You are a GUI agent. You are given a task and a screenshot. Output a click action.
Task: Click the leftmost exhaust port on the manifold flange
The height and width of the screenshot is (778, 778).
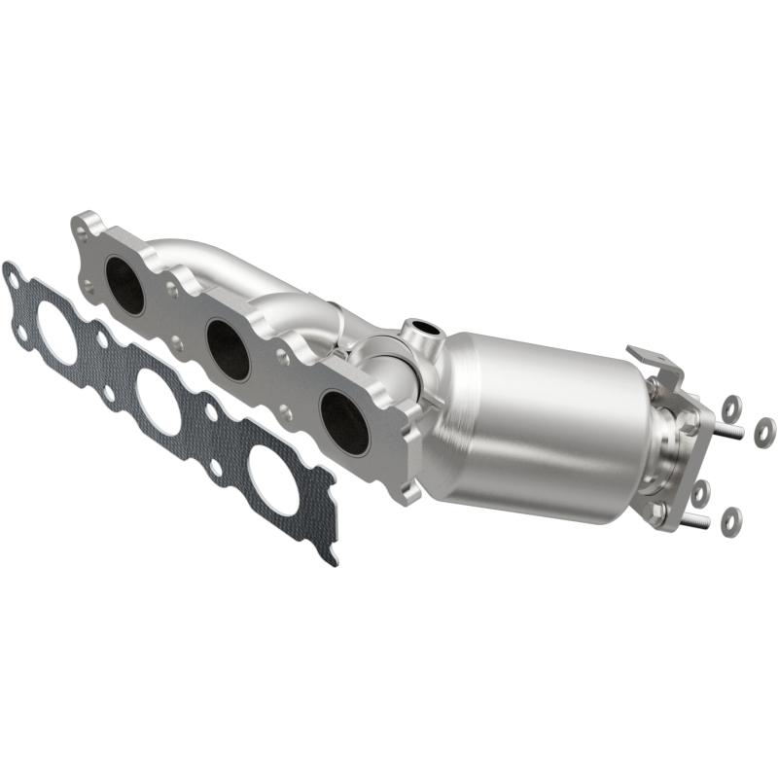coord(124,285)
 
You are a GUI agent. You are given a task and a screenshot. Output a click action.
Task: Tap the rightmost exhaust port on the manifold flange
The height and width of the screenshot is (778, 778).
coord(343,422)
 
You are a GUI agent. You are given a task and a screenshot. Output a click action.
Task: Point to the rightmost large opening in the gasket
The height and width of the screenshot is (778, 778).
coord(273,476)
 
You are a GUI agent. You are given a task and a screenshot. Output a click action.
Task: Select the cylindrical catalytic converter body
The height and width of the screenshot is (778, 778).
coord(540,418)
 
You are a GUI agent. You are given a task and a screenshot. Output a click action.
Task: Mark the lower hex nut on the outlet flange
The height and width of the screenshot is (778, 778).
coord(662,512)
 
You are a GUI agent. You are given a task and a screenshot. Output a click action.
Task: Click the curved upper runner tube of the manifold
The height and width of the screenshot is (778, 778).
coord(194,255)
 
